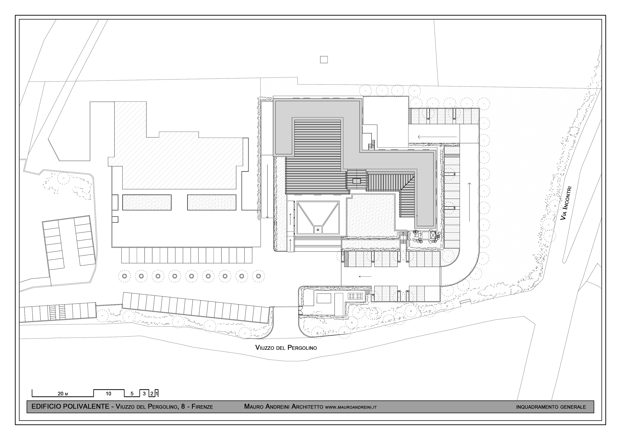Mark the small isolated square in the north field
(x=324, y=60)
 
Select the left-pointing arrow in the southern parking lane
(x=365, y=277)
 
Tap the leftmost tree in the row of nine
(x=124, y=276)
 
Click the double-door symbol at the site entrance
(x=300, y=310)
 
